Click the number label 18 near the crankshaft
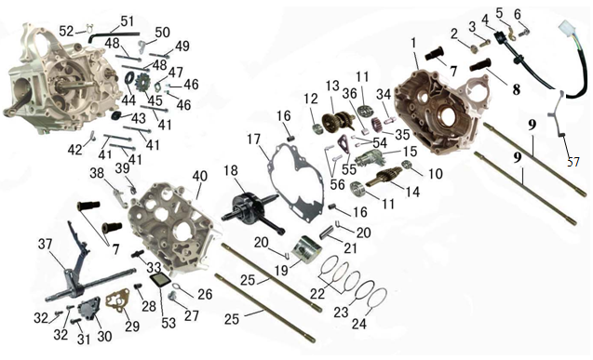(x=230, y=171)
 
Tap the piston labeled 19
(x=306, y=249)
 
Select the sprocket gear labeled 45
(x=143, y=83)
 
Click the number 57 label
(x=573, y=162)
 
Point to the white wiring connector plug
(x=566, y=28)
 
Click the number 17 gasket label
(x=254, y=140)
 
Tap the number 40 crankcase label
(x=200, y=176)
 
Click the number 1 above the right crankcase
(x=413, y=43)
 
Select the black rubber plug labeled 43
(x=115, y=115)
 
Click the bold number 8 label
(x=516, y=89)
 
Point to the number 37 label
(x=46, y=244)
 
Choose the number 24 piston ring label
(x=359, y=324)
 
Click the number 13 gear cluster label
(x=333, y=87)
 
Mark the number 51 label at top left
(x=127, y=21)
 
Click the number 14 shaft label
(x=412, y=192)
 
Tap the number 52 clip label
(x=67, y=31)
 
